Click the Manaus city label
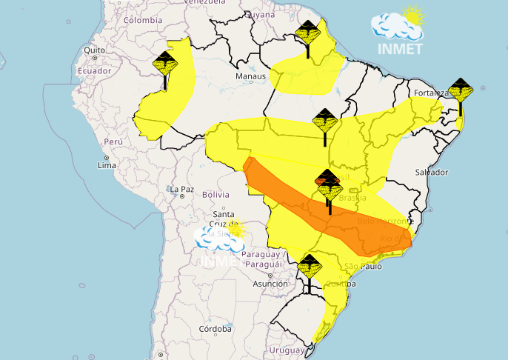coord(250,76)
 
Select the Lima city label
coord(107,165)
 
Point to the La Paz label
coord(181,190)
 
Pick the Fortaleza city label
coord(432,93)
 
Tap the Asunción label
coord(270,284)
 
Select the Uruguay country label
coord(285,349)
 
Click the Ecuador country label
coord(93,71)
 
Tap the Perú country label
coord(113,141)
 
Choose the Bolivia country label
coord(216,194)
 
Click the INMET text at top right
coord(400,50)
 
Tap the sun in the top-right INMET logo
coord(413,16)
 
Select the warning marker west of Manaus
coord(164,64)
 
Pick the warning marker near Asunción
coord(309,265)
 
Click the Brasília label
coord(352,198)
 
